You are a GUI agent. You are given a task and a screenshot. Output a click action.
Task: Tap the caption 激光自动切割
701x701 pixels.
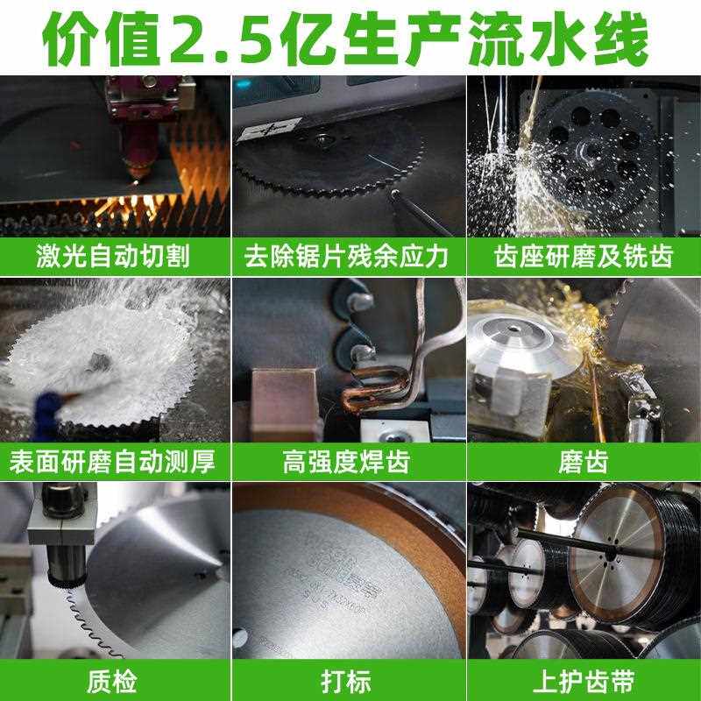(x=115, y=256)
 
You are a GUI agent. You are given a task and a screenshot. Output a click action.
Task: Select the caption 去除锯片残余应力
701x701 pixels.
(x=348, y=256)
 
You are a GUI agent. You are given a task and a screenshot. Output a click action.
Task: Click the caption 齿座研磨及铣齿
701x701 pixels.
(x=583, y=256)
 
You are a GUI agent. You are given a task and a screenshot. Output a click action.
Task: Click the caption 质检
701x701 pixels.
(x=115, y=680)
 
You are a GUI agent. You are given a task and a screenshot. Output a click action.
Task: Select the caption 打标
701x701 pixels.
(x=348, y=680)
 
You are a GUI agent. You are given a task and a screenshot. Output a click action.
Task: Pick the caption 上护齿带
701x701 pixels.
(x=583, y=680)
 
